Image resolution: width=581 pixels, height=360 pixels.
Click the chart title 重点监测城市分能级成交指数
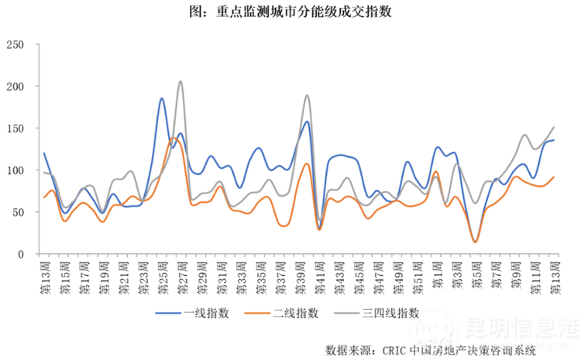tap(290, 14)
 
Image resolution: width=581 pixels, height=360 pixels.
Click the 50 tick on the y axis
tap(21, 212)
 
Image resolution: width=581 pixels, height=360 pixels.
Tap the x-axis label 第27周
tap(180, 275)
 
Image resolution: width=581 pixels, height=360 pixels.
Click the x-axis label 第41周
tap(319, 275)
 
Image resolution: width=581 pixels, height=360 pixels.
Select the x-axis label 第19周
tap(101, 275)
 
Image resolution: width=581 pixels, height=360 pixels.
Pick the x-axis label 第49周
tap(398, 275)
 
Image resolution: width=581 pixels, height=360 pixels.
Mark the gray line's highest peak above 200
tap(180, 81)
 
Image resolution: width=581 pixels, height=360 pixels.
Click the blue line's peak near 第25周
tap(162, 98)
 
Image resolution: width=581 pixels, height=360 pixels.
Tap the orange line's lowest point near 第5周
tap(475, 242)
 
